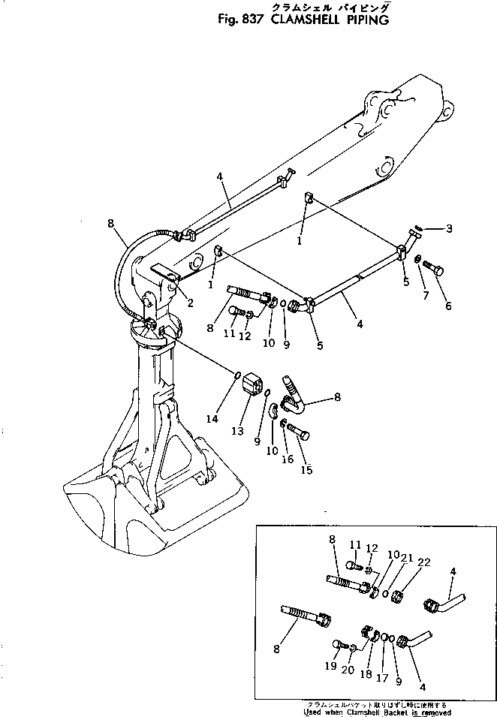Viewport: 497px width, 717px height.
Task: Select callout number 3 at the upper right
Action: [x=449, y=227]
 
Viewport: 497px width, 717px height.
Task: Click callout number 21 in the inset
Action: [x=405, y=557]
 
